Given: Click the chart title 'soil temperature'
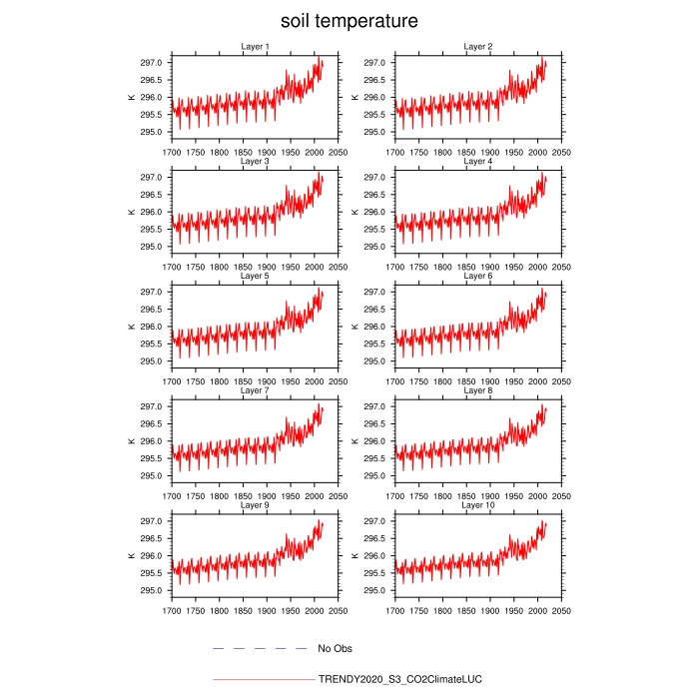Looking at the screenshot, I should point(349,21).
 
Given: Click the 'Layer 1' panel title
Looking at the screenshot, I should point(255,46).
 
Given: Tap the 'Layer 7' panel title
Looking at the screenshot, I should point(255,390).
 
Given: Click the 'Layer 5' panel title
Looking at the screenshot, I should point(255,276).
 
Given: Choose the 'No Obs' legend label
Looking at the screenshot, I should point(335,649).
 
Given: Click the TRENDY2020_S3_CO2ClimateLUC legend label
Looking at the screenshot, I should point(399,679).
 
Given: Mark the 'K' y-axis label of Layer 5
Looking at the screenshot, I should point(130,327).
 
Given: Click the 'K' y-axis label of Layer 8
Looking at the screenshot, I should point(353,441).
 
